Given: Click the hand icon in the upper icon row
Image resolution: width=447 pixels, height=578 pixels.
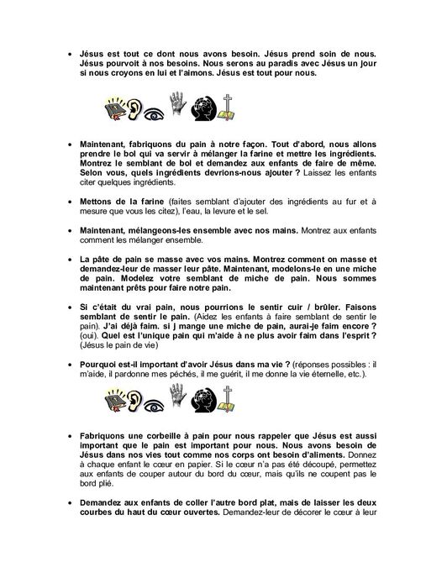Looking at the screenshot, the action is click(x=177, y=110).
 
